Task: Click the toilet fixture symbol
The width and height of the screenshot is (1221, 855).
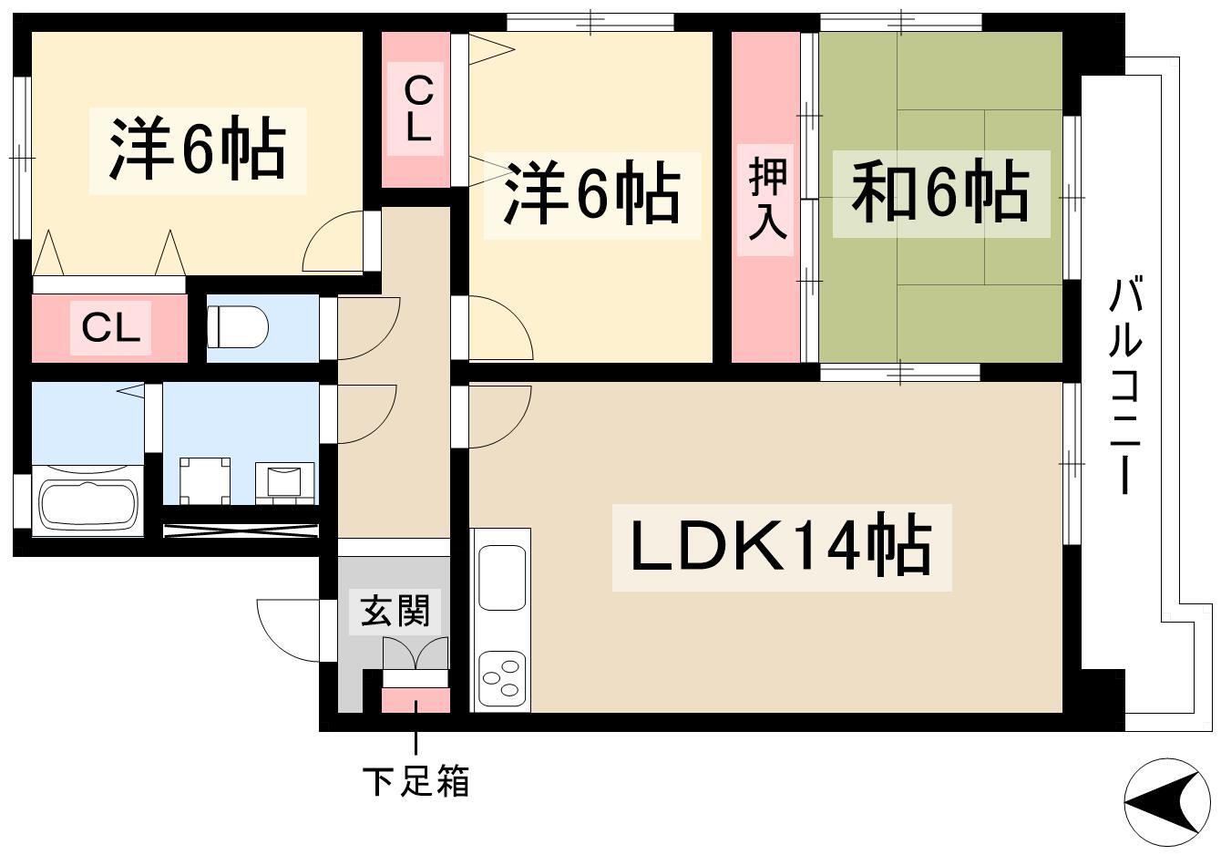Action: point(238,326)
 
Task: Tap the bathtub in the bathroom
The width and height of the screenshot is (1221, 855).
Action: point(88,500)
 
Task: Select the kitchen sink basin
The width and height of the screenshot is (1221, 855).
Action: point(502,578)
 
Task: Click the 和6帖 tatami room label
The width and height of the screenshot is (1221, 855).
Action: point(940,193)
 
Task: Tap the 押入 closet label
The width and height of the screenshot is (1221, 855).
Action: point(767,200)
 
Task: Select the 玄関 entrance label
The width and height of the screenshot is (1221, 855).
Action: point(395,610)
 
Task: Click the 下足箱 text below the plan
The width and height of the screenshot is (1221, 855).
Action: point(416,781)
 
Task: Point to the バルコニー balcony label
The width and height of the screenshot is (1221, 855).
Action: point(1124,386)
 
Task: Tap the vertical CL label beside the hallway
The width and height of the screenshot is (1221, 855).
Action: point(418,109)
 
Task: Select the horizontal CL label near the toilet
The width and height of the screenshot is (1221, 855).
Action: point(110,327)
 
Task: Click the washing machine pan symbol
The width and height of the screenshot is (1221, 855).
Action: point(204,481)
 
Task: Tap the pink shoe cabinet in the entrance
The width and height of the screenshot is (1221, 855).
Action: point(416,700)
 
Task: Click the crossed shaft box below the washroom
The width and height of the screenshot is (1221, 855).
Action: point(241,531)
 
